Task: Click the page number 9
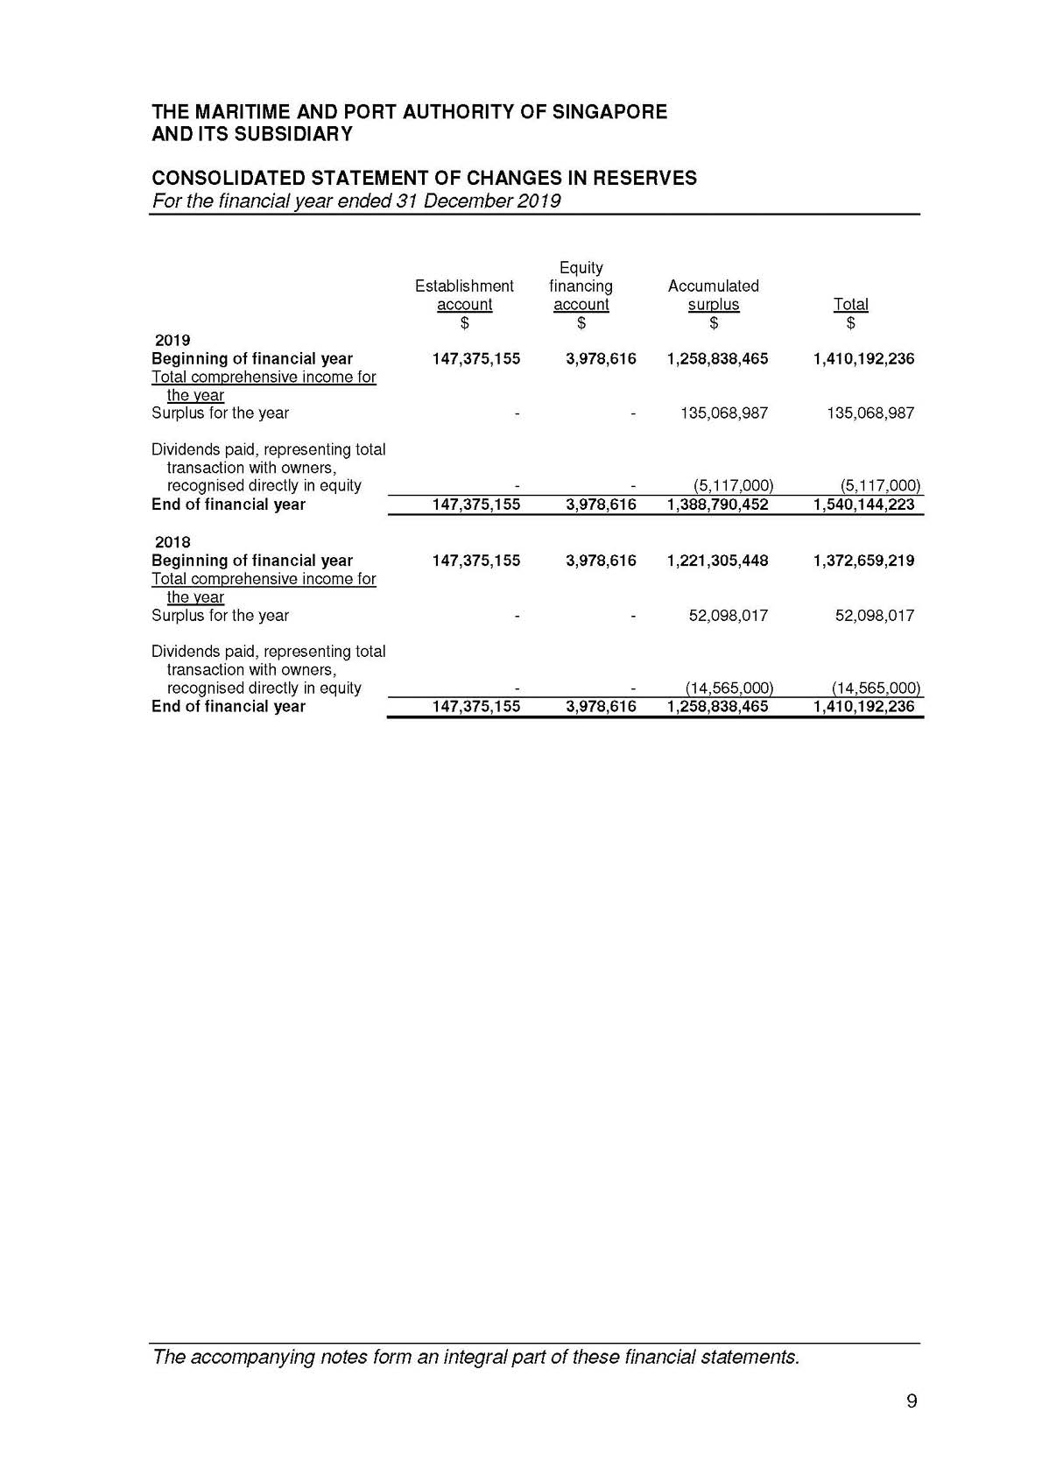(912, 1401)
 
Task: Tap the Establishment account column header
(464, 295)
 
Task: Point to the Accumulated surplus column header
(713, 295)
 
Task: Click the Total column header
(850, 304)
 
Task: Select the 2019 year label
(172, 340)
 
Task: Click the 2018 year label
(172, 542)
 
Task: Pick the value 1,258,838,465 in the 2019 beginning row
(717, 358)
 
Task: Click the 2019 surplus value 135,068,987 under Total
(870, 413)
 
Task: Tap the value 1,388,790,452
(717, 505)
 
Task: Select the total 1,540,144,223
(863, 505)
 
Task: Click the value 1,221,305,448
(717, 561)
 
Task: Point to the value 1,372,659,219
(863, 561)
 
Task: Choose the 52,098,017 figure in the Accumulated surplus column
(728, 616)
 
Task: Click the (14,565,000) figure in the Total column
(876, 688)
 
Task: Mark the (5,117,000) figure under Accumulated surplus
(729, 486)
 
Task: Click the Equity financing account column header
(581, 286)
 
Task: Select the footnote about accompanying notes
(475, 1358)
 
